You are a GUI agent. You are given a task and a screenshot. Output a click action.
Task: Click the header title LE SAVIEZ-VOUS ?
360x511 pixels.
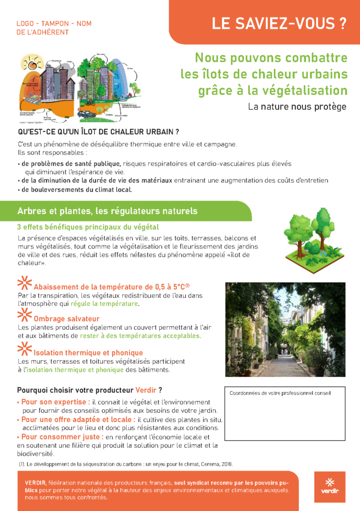coord(279,23)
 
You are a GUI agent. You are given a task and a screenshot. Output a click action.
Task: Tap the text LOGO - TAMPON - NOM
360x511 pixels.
coord(54,23)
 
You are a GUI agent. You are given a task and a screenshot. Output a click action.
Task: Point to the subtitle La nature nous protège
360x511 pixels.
coord(297,106)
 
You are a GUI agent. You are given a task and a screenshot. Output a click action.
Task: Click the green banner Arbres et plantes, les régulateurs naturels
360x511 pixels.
coord(107,211)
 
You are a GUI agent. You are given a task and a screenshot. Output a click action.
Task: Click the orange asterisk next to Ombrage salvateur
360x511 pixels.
coord(24,315)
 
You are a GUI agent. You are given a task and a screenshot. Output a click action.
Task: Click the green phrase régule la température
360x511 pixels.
coord(104,303)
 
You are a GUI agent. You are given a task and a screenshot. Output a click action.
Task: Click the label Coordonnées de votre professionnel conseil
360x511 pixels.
coord(280,393)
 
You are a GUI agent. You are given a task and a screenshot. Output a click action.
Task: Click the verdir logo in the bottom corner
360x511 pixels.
coord(330,487)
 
